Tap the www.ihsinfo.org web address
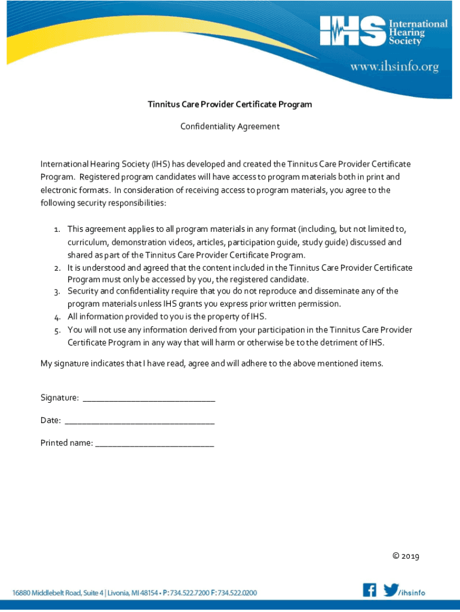pyautogui.click(x=394, y=67)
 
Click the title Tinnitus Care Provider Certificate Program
pyautogui.click(x=230, y=105)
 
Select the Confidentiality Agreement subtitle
pyautogui.click(x=230, y=127)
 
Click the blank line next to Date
pyautogui.click(x=139, y=421)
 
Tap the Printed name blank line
pyautogui.click(x=154, y=444)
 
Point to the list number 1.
pyautogui.click(x=57, y=229)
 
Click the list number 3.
pyautogui.click(x=57, y=292)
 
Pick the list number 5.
pyautogui.click(x=57, y=331)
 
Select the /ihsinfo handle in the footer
pyautogui.click(x=412, y=592)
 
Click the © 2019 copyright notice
pyautogui.click(x=406, y=556)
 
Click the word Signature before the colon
pyautogui.click(x=59, y=398)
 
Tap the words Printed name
pyautogui.click(x=66, y=443)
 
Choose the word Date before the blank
pyautogui.click(x=50, y=420)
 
